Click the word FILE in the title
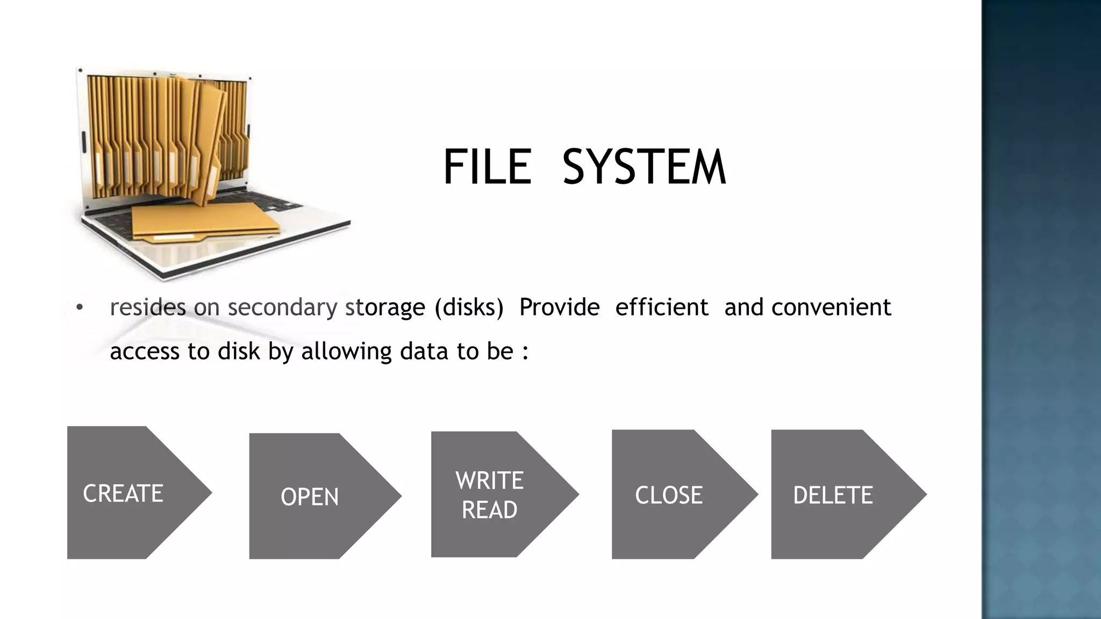(x=487, y=167)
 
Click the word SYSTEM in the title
(x=644, y=167)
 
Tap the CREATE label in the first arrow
(x=123, y=493)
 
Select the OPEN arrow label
(x=310, y=496)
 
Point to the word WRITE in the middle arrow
(x=489, y=480)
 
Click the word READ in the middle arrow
(x=489, y=509)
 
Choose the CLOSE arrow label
(x=669, y=495)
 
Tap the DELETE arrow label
(x=833, y=495)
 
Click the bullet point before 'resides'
(x=80, y=307)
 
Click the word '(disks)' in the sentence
(x=469, y=307)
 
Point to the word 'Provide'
(x=559, y=307)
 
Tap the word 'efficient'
(x=662, y=307)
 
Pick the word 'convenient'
(x=831, y=307)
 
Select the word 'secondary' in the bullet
(x=282, y=307)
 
